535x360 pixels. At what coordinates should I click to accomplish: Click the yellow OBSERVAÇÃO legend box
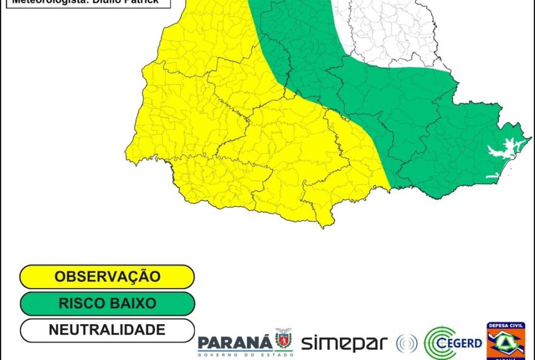107,277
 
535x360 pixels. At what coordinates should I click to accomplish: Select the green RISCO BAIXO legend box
107,303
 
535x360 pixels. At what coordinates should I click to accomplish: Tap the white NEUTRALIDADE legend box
107,330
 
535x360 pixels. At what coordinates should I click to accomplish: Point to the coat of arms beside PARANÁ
283,339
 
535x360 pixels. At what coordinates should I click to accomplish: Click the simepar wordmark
344,343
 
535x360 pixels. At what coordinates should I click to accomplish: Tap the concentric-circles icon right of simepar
406,344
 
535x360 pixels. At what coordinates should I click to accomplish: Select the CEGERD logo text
466,343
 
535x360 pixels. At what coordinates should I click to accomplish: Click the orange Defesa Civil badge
506,342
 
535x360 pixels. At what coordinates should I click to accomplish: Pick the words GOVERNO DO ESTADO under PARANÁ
245,353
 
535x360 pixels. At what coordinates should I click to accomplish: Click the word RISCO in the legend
80,303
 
